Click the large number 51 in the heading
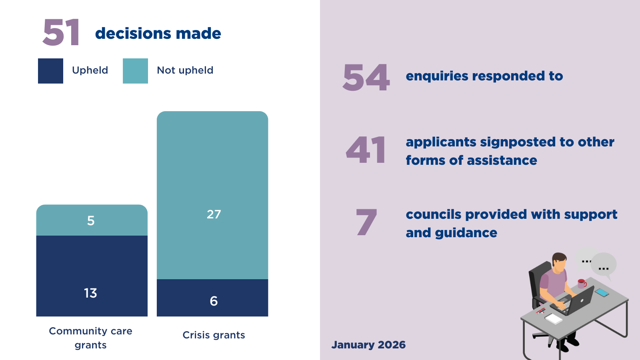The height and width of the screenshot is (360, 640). (x=61, y=33)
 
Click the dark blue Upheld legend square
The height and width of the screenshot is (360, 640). (x=50, y=71)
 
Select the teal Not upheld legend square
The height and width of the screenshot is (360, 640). (x=135, y=71)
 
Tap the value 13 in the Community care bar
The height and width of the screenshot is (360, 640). (x=90, y=293)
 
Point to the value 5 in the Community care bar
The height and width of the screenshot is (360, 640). (x=91, y=221)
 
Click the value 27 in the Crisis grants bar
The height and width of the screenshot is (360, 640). (x=214, y=214)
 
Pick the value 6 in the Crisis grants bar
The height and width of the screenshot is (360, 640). (x=214, y=301)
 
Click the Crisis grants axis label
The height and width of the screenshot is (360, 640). (x=214, y=335)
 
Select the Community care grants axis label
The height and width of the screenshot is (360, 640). (x=90, y=338)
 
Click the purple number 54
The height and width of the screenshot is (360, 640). (x=366, y=78)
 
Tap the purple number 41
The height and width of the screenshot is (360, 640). (x=366, y=150)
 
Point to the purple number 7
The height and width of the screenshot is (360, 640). (x=366, y=222)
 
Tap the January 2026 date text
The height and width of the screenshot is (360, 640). (x=368, y=345)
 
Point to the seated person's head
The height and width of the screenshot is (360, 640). (x=559, y=262)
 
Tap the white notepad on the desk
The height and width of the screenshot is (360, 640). (x=554, y=319)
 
